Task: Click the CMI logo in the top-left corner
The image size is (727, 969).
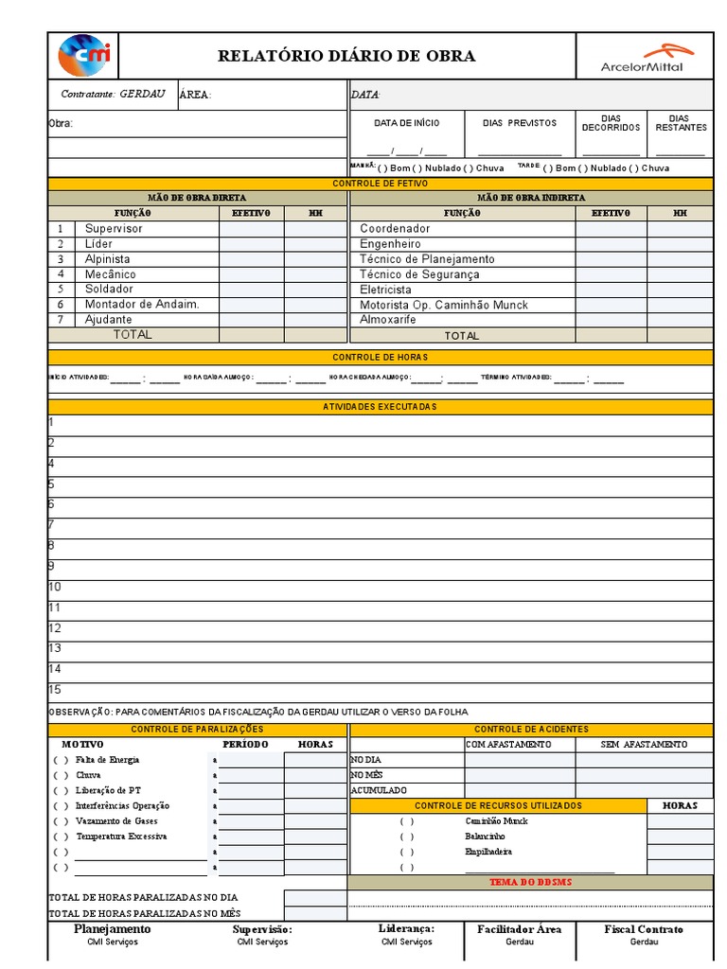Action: click(84, 56)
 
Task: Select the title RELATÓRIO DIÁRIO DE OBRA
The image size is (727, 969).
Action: click(346, 56)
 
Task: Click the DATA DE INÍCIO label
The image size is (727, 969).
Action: click(407, 123)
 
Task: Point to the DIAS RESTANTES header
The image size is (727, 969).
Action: click(681, 123)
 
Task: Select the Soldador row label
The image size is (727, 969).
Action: click(109, 290)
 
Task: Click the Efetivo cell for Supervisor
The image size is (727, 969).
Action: click(251, 229)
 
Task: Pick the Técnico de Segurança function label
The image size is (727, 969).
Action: click(419, 274)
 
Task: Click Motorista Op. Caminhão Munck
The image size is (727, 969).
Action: click(444, 305)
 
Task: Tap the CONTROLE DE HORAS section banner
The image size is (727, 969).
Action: click(380, 357)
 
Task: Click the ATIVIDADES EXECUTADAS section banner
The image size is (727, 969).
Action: click(380, 406)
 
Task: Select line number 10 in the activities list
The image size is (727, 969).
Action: click(55, 587)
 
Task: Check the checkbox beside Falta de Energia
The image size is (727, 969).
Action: click(61, 760)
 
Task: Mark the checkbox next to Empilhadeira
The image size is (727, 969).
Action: click(407, 852)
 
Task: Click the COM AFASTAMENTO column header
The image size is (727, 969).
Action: click(508, 745)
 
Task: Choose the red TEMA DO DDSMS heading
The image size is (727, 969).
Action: click(530, 882)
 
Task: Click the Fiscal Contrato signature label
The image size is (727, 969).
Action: click(644, 929)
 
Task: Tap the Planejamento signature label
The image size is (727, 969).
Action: click(112, 929)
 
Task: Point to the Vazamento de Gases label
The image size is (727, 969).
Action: click(116, 821)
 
